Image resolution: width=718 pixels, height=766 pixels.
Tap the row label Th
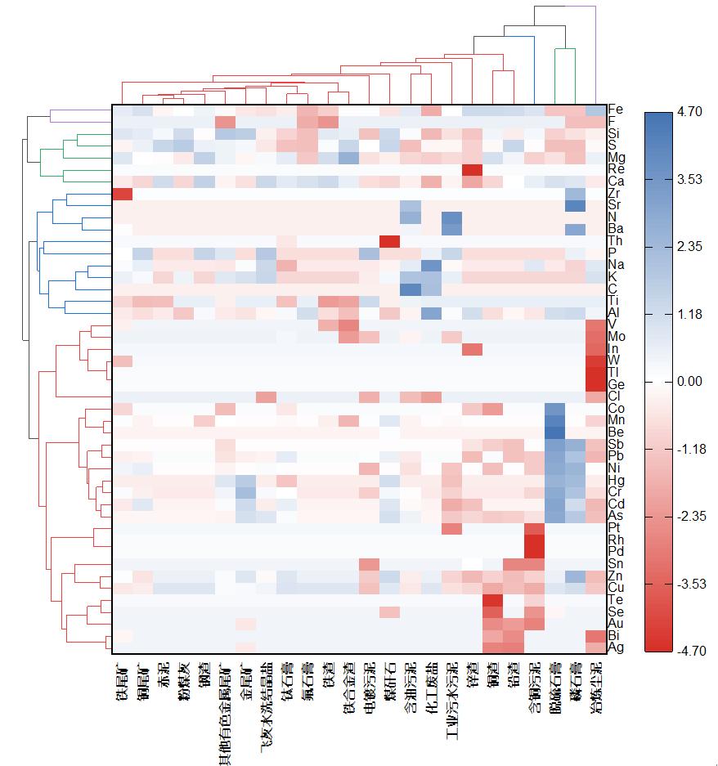[x=615, y=241]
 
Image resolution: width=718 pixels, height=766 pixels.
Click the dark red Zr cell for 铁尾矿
[x=122, y=194]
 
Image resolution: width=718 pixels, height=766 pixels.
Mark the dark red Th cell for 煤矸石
[x=389, y=241]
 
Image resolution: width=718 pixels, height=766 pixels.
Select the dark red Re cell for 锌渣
[x=472, y=169]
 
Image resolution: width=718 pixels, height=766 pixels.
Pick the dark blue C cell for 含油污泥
[x=411, y=289]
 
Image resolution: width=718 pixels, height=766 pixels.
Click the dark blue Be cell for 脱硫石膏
[x=554, y=432]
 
